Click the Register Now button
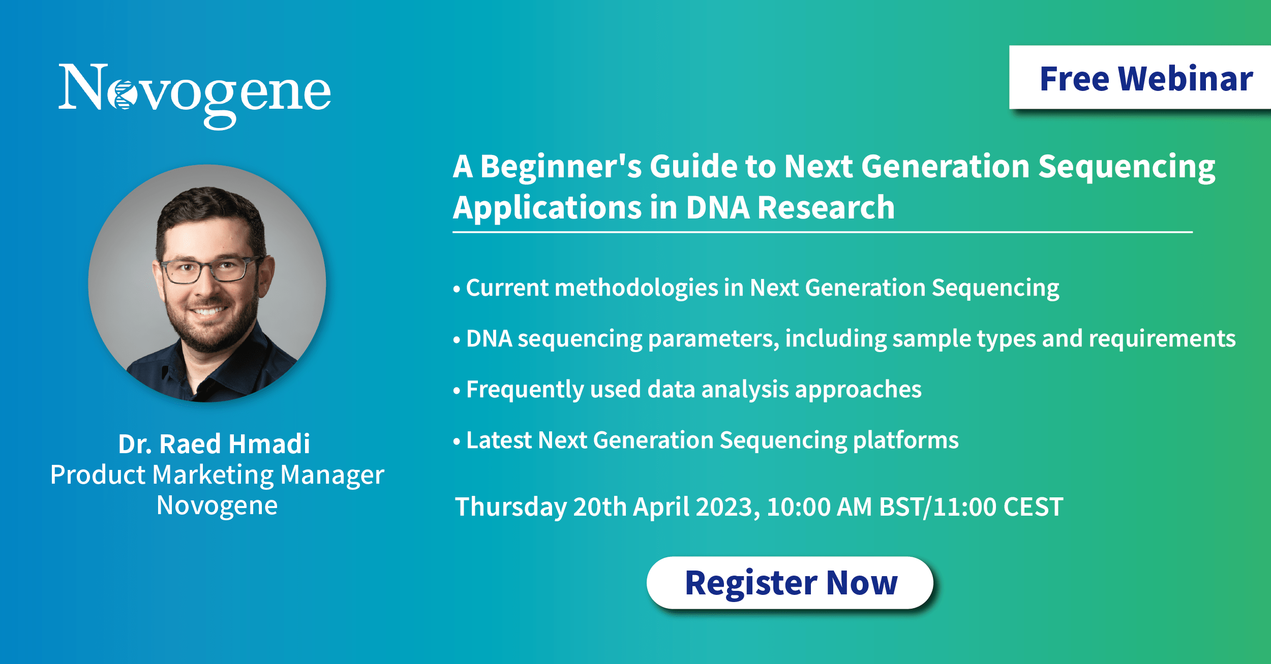[790, 583]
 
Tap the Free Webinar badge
[1140, 78]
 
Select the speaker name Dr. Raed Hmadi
[214, 444]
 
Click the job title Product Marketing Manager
[217, 476]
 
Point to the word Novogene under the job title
[217, 505]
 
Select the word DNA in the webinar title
[718, 208]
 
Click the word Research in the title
[826, 208]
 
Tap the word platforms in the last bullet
[905, 440]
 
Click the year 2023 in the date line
[728, 507]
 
